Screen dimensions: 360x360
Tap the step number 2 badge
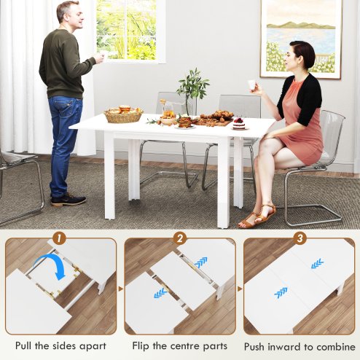point(179,238)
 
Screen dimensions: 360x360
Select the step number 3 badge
point(300,238)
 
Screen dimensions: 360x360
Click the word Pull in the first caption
point(27,345)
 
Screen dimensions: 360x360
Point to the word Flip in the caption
point(144,345)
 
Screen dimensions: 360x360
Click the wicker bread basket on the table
point(123,114)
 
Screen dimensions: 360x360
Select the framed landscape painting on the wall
point(300,36)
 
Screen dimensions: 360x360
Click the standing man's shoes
point(69,198)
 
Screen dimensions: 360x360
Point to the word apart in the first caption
point(91,345)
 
